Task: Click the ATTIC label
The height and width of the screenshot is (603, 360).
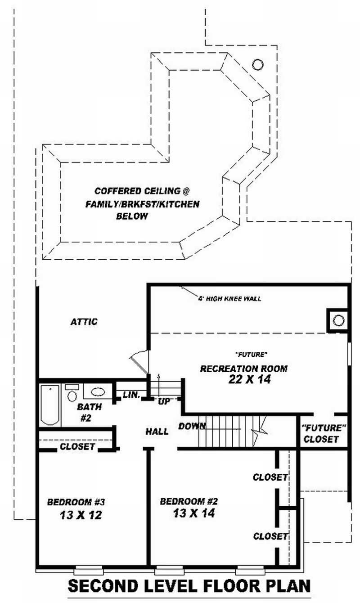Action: [84, 322]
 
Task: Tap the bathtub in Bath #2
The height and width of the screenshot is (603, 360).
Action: [50, 405]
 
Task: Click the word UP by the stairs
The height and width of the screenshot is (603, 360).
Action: [164, 402]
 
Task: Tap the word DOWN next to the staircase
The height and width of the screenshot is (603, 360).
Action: [192, 426]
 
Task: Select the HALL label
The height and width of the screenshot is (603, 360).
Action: [157, 432]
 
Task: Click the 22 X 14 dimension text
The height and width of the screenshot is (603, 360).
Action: [250, 379]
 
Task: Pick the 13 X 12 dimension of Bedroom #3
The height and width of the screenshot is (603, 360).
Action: [80, 515]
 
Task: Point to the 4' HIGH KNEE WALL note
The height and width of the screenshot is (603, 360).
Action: [229, 299]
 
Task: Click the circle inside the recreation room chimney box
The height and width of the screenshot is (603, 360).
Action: [338, 320]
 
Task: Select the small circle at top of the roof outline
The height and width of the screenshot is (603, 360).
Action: [257, 64]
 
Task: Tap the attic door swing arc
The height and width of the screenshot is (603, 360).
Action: [138, 360]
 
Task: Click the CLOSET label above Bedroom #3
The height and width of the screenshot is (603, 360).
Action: [77, 447]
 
